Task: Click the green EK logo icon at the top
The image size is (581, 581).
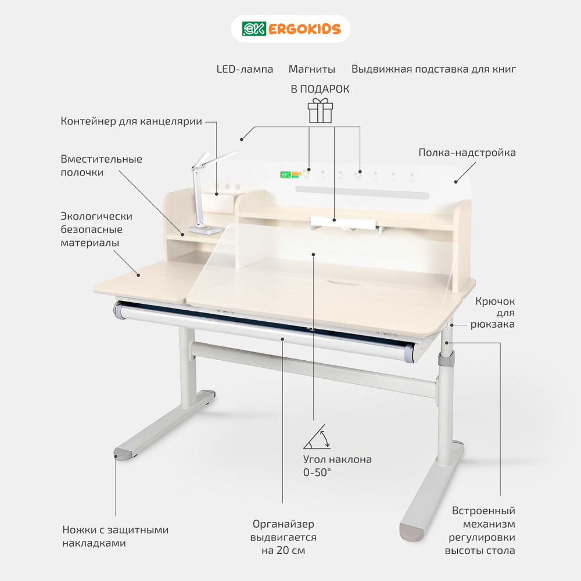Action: (x=254, y=29)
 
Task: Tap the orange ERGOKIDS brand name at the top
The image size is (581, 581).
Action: (x=304, y=29)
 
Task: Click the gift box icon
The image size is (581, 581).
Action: (x=320, y=110)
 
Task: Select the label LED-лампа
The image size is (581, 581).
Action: (x=245, y=69)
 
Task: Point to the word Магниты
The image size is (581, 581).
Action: (x=311, y=69)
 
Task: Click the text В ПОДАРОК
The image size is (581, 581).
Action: (x=320, y=89)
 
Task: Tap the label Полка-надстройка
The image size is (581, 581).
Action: (x=467, y=152)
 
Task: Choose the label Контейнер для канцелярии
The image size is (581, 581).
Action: (x=131, y=121)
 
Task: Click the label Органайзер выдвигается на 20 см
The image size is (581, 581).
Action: (x=283, y=537)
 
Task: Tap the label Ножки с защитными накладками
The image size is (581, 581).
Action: (x=115, y=536)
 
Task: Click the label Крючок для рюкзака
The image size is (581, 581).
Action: (x=493, y=313)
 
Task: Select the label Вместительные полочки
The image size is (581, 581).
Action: (x=101, y=166)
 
